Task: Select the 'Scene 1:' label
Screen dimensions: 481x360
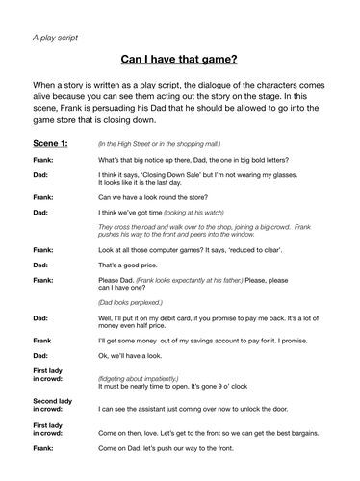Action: pyautogui.click(x=51, y=142)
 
